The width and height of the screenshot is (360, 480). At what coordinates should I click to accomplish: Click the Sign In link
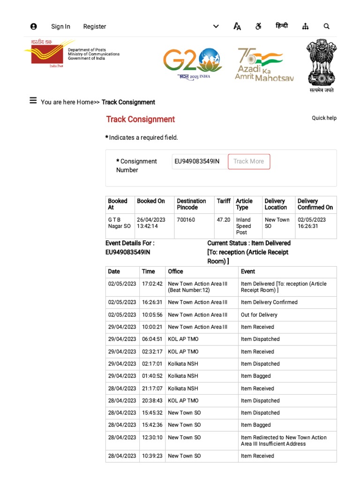point(60,27)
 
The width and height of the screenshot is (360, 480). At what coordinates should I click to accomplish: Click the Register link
point(95,27)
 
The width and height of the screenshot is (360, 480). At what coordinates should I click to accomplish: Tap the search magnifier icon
point(327,27)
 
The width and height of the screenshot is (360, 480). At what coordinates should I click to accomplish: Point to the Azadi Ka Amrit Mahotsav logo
point(264,65)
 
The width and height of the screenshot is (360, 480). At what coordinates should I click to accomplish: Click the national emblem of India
point(321,66)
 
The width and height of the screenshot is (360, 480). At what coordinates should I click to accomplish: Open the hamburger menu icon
point(33,101)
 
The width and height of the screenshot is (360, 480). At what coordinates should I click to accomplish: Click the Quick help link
point(324,118)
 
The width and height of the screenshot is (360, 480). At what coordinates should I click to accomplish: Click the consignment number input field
point(199,162)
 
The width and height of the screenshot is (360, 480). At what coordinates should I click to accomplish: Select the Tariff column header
point(224,201)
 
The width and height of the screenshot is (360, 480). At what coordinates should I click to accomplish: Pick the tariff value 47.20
point(224,220)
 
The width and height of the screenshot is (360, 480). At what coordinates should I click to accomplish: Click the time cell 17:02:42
point(152,284)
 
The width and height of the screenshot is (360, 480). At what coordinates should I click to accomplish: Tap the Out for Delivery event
point(259,315)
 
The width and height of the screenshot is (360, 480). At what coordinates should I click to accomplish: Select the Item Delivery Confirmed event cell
point(269,302)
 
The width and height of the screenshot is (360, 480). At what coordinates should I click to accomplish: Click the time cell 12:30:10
point(152,437)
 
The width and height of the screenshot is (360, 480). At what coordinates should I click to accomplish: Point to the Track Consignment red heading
point(140,120)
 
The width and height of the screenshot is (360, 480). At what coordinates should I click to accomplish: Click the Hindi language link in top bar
point(282,26)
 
